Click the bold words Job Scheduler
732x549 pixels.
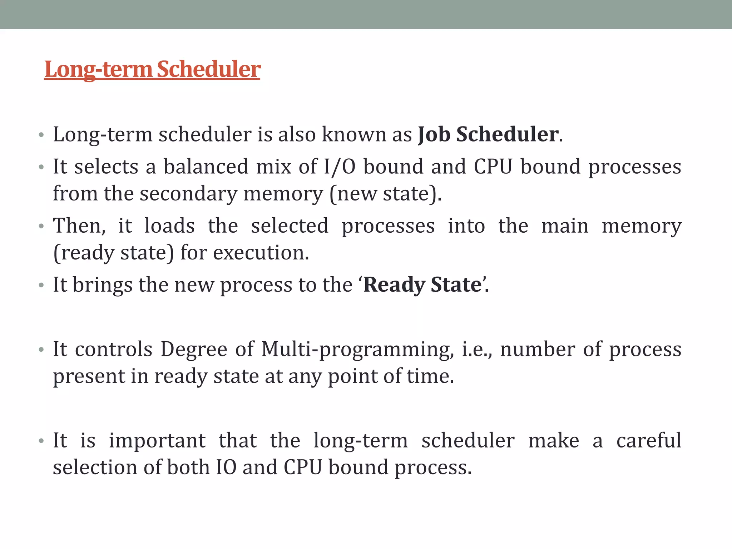click(x=488, y=135)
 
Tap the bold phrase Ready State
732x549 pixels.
click(x=422, y=285)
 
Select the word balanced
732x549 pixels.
click(x=206, y=167)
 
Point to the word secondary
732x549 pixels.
click(x=188, y=194)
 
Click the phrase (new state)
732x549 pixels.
click(x=385, y=194)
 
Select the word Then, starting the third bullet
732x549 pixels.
click(x=79, y=226)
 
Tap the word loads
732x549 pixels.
click(x=169, y=226)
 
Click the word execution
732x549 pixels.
click(x=261, y=253)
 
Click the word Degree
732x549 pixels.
click(x=194, y=349)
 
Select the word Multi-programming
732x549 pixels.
click(x=358, y=350)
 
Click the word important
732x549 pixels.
click(x=157, y=441)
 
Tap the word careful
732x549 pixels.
click(x=649, y=440)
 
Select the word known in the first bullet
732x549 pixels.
click(x=353, y=135)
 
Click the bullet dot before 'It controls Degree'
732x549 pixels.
click(x=41, y=350)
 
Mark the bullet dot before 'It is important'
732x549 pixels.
click(x=41, y=441)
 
